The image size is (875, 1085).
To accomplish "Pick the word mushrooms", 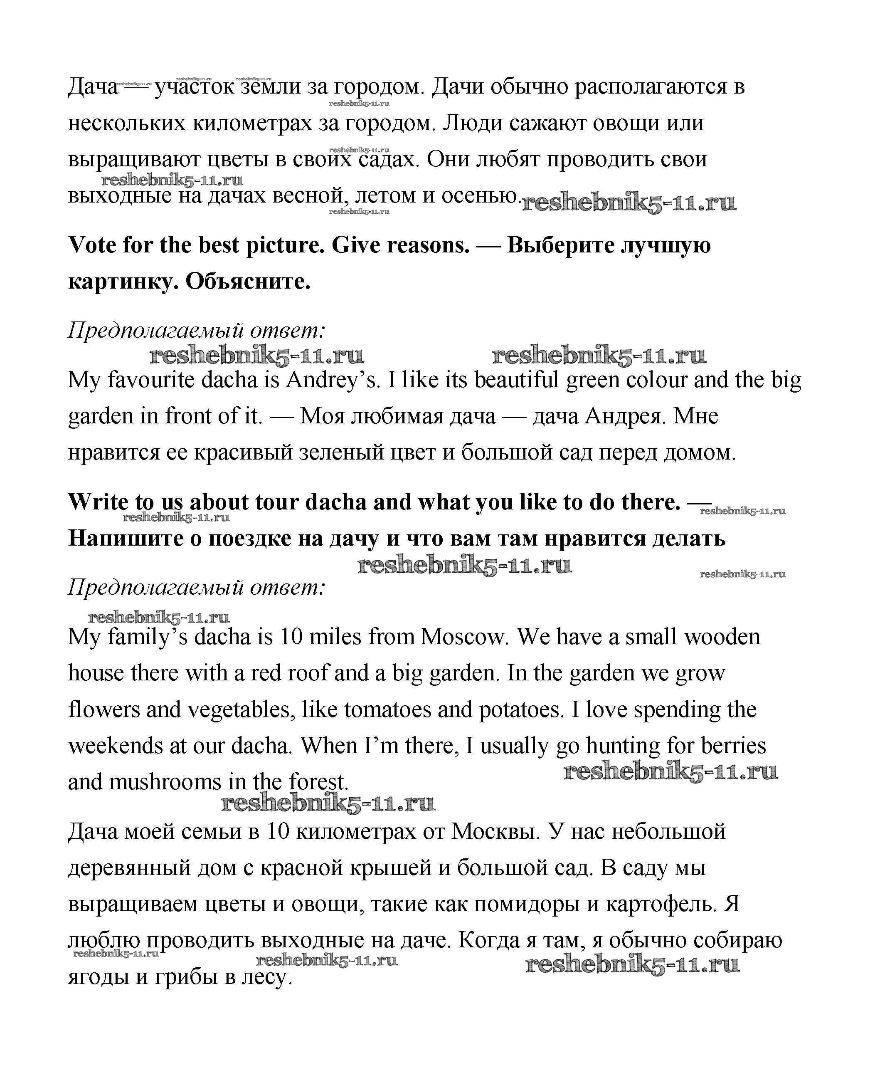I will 165,782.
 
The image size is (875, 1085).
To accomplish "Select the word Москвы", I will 495,831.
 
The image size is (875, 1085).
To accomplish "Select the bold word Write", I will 97,502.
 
